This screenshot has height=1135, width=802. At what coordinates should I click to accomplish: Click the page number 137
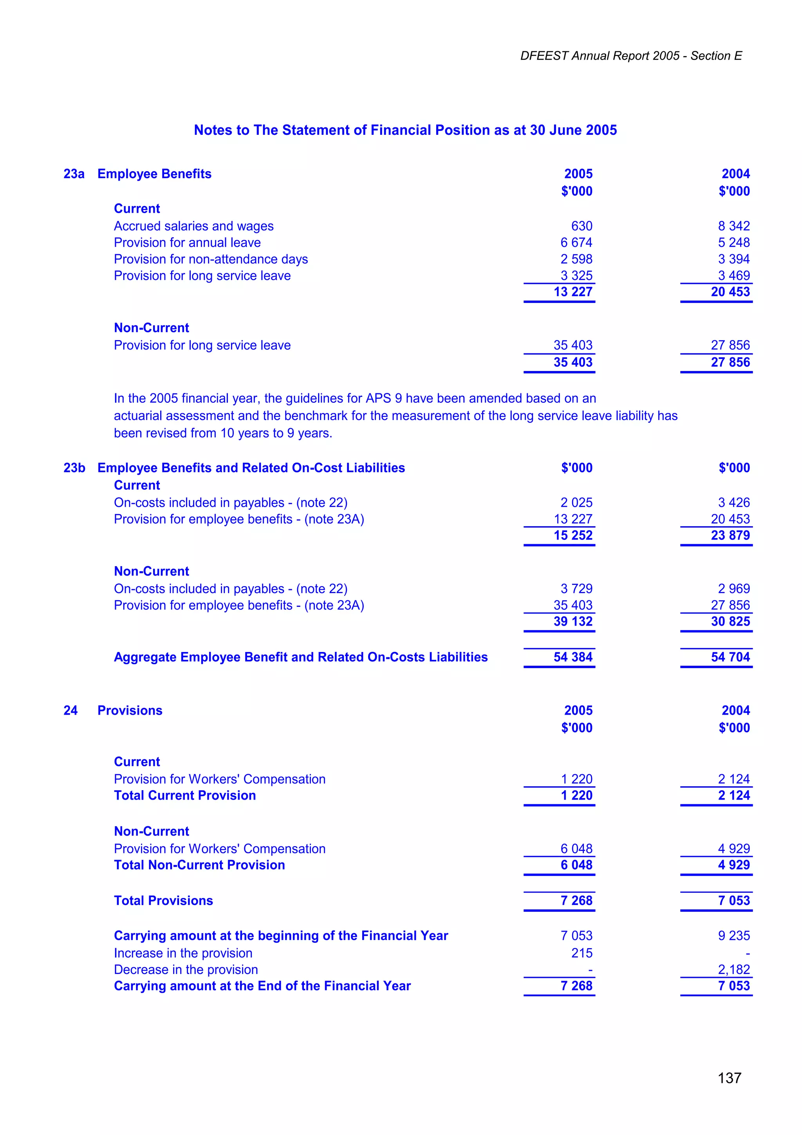coord(730,1078)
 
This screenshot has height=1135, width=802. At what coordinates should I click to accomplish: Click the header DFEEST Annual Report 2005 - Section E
coord(630,56)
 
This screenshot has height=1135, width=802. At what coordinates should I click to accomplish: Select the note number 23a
coord(74,174)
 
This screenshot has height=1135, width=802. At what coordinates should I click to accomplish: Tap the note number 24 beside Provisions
coord(70,710)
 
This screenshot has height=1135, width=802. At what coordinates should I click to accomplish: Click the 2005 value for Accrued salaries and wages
coord(582,226)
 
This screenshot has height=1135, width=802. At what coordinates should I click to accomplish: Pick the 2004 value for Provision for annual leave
coord(734,243)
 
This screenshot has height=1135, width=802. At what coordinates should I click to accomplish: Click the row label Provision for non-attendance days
coord(211,259)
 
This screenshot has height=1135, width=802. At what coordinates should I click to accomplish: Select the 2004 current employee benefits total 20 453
coord(730,291)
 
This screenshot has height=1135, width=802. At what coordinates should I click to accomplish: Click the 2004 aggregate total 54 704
coord(730,657)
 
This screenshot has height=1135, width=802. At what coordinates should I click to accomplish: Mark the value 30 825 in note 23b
coord(730,621)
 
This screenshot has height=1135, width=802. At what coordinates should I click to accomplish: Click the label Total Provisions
coord(164,901)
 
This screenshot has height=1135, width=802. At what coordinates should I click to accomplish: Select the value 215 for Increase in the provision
coord(582,953)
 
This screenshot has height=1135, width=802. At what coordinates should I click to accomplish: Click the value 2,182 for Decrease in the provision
coord(734,969)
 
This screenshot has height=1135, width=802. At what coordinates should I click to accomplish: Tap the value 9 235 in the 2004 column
coord(734,936)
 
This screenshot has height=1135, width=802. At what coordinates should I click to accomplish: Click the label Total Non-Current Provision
coord(199,865)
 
